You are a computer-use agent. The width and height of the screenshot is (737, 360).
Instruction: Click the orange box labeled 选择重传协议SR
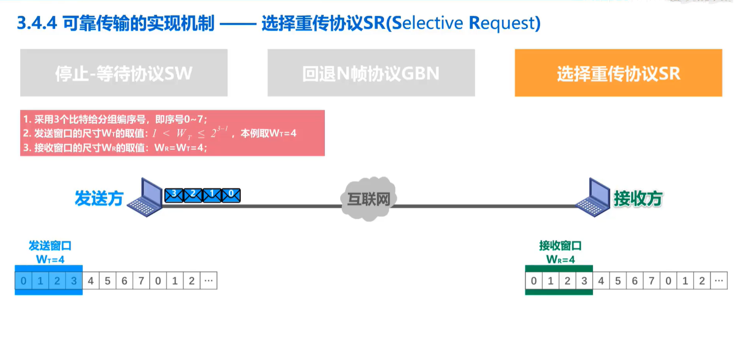[618, 73]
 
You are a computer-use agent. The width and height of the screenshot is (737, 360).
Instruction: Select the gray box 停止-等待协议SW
[124, 73]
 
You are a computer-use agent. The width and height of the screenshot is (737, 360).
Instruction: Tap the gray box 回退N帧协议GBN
[371, 73]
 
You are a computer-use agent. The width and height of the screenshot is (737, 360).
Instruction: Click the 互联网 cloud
[369, 199]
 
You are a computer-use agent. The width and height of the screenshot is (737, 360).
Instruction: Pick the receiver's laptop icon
[594, 198]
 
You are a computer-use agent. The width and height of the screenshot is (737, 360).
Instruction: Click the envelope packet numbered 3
[174, 195]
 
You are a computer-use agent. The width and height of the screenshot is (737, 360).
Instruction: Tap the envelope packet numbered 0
[231, 195]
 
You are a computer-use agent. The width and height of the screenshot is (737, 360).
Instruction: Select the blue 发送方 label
[99, 198]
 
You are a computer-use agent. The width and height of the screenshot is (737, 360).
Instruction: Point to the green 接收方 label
[638, 199]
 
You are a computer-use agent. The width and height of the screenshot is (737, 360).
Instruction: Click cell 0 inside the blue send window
[23, 281]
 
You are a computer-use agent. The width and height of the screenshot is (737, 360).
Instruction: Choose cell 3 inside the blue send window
[74, 281]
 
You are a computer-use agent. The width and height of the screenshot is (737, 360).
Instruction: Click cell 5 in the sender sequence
[107, 281]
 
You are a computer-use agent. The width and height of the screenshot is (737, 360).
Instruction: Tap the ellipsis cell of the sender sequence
[209, 281]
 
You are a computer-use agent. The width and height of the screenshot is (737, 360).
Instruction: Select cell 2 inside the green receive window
[567, 281]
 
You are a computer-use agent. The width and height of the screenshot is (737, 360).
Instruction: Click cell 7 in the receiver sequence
[651, 281]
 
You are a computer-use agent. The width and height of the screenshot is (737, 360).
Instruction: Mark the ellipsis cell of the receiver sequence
[719, 281]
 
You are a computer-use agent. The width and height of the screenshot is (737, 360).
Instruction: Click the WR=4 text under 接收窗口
[560, 260]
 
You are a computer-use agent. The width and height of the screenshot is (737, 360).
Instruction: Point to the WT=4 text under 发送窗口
[50, 260]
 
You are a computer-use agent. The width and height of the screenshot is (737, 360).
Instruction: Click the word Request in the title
[504, 23]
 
